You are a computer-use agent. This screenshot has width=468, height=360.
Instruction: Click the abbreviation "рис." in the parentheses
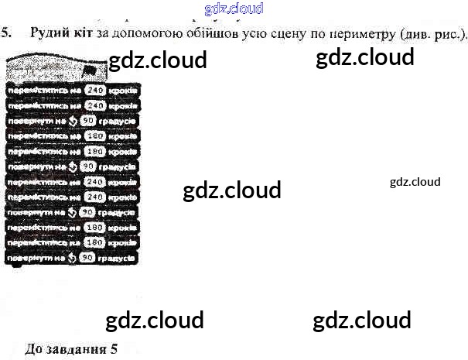(x=448, y=33)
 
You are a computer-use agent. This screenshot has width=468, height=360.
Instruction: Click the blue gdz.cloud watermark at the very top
(x=234, y=9)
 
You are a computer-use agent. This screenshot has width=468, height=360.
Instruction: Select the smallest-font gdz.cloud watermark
(x=415, y=182)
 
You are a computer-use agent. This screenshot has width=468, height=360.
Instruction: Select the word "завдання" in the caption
(x=76, y=348)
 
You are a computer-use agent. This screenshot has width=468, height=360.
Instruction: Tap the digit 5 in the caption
(x=113, y=348)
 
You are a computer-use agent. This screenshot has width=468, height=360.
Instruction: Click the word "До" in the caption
(x=34, y=348)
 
